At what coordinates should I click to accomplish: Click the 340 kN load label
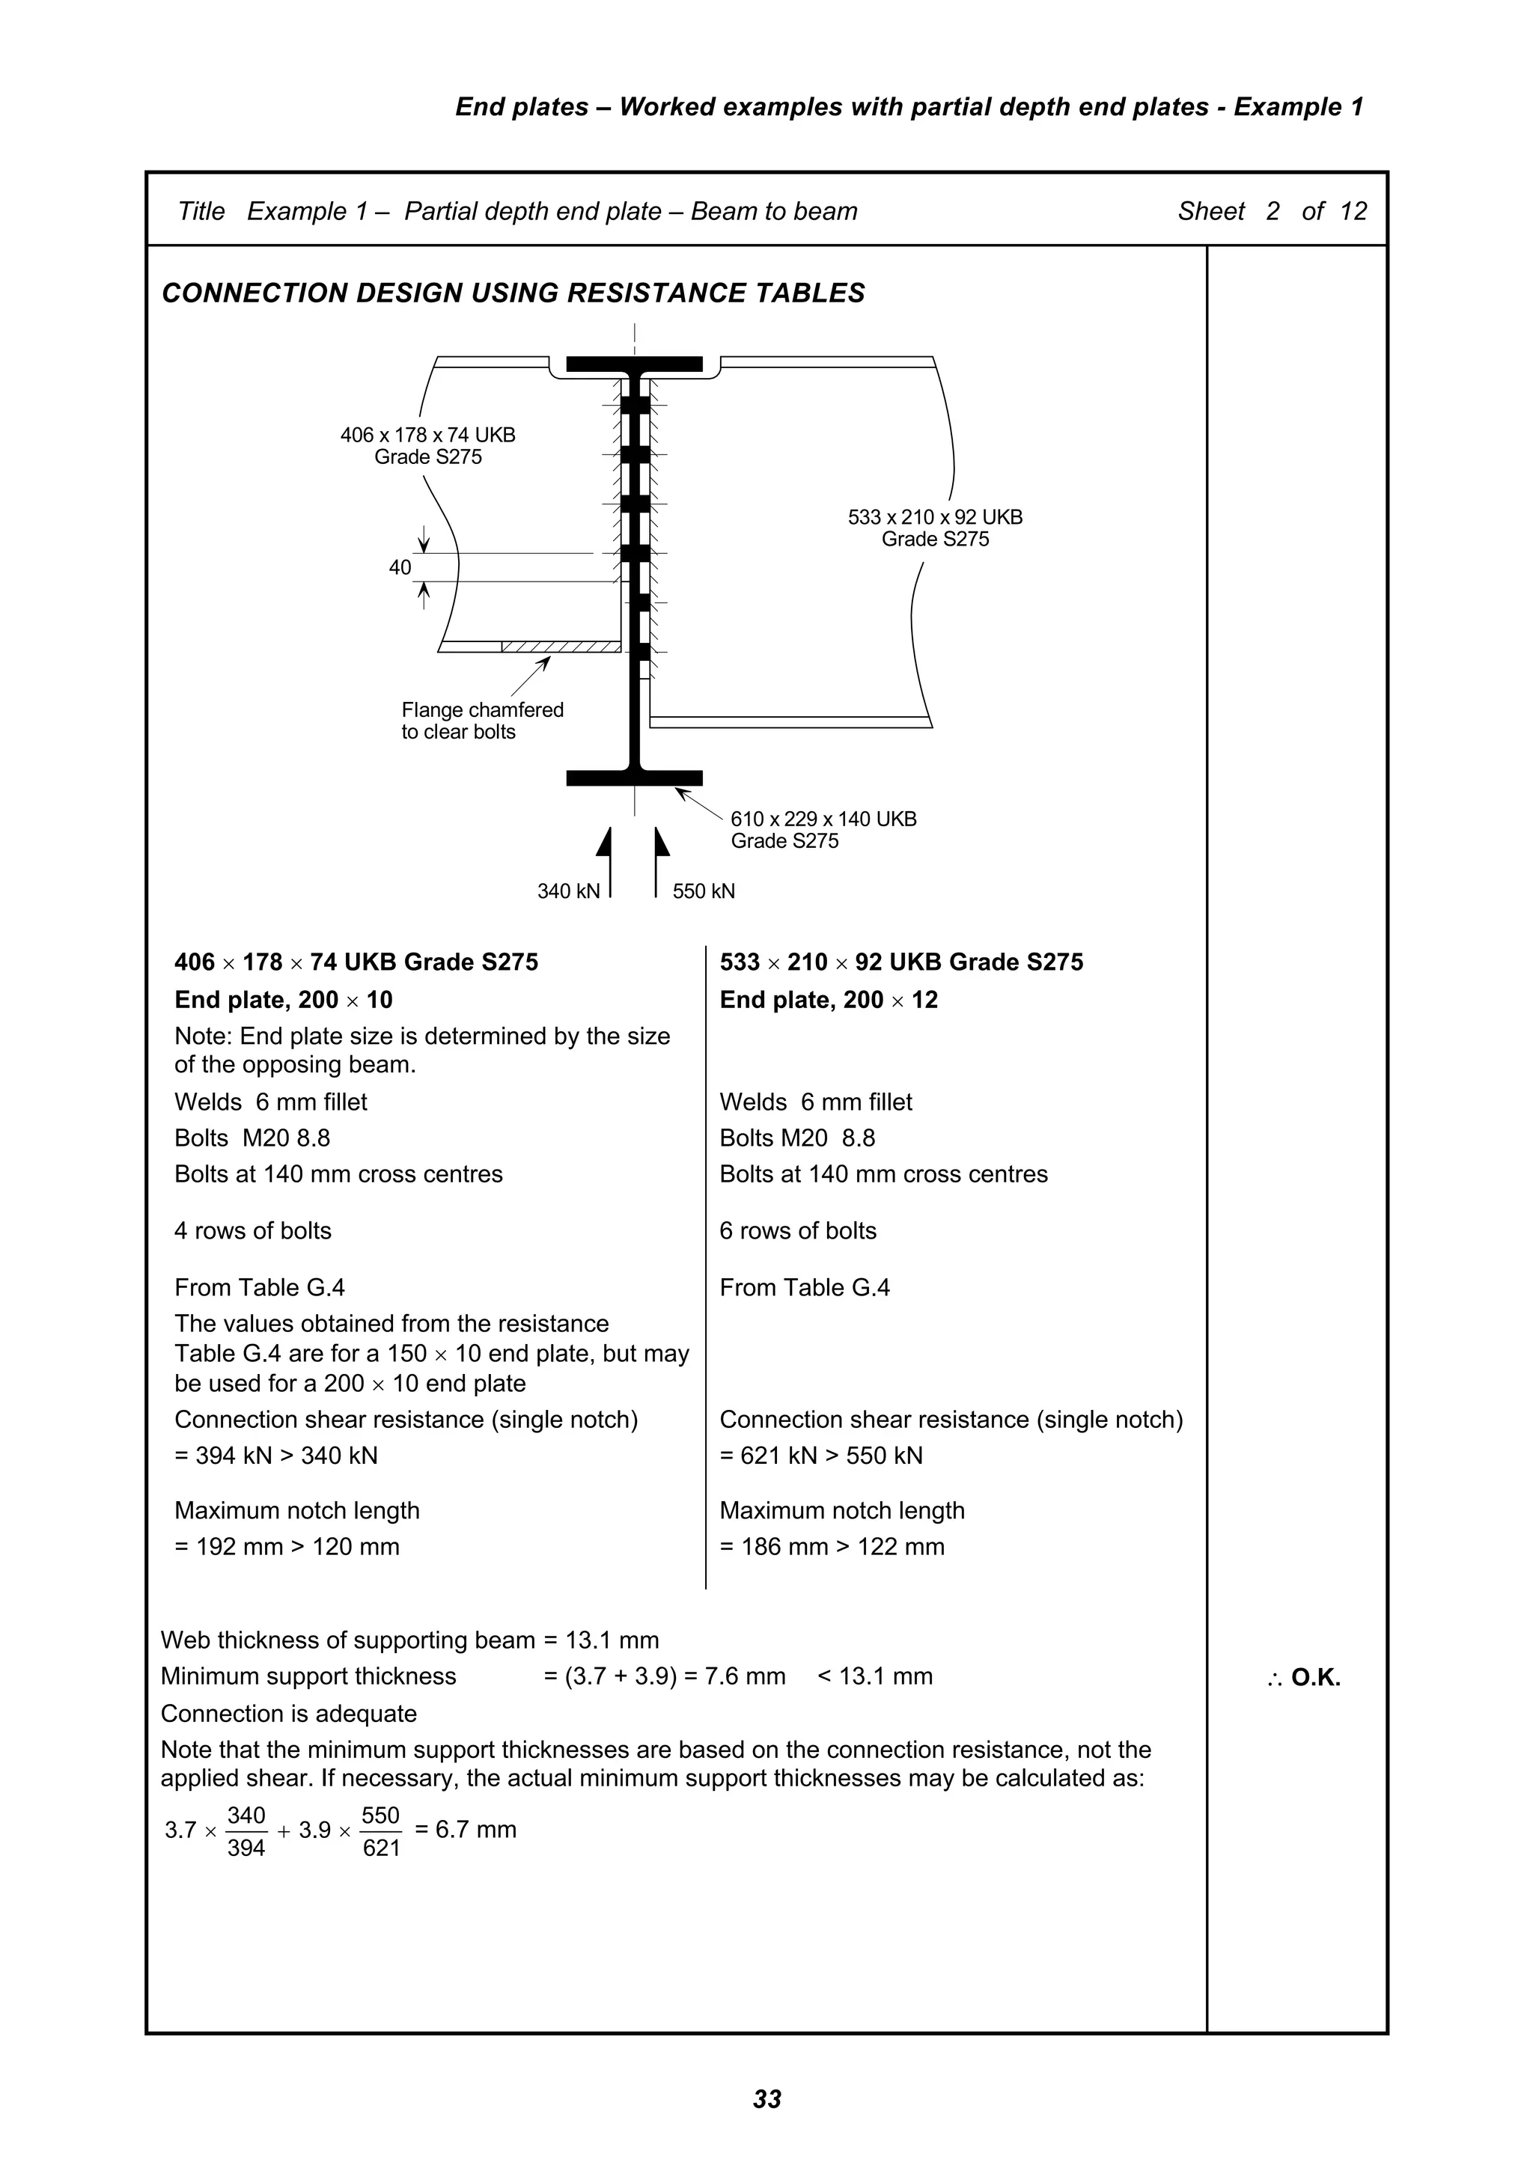point(567,891)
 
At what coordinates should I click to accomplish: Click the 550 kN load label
point(704,891)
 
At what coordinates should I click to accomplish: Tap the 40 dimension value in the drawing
point(400,567)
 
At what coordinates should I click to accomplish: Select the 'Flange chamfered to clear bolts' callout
point(482,721)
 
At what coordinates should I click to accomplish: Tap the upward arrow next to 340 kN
point(605,859)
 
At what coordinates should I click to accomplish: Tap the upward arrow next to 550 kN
point(660,859)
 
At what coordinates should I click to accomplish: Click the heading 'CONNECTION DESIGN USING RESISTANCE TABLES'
point(513,293)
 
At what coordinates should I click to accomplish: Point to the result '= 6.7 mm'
point(466,1829)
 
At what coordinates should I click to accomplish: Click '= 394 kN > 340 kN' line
point(275,1455)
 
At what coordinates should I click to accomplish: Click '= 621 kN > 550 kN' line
point(821,1455)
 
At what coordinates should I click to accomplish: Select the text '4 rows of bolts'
point(252,1230)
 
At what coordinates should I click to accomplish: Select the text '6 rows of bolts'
point(797,1230)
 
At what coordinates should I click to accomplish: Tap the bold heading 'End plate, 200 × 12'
point(829,1000)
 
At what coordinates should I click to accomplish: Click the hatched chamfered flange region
point(561,647)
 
